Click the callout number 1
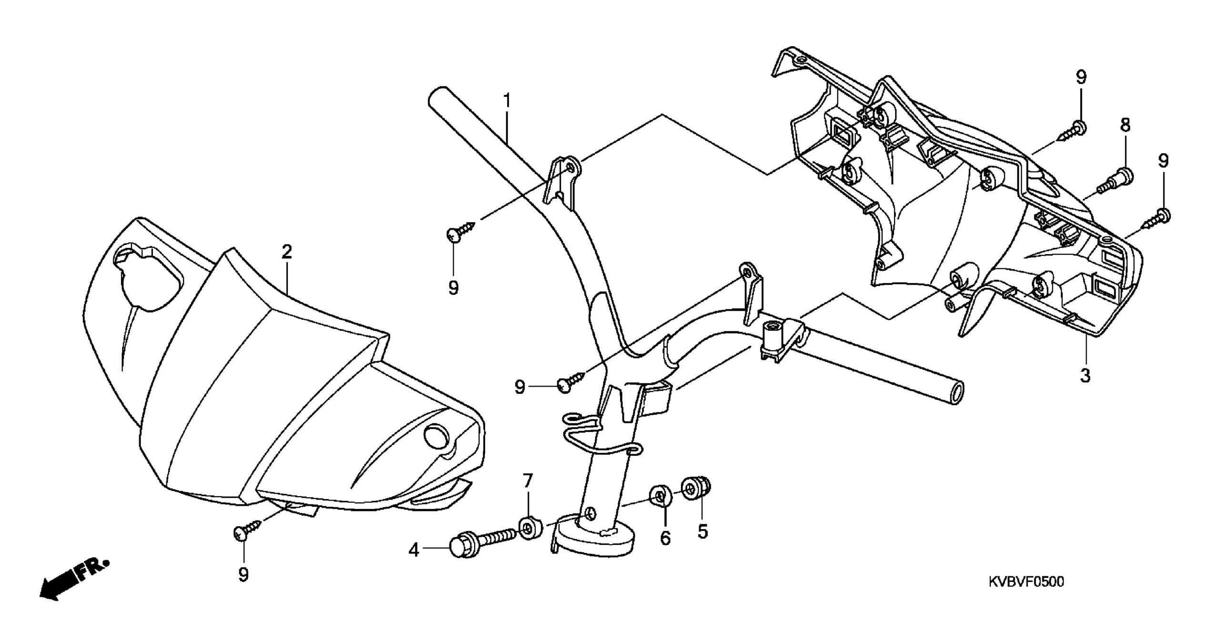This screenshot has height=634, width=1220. pyautogui.click(x=507, y=101)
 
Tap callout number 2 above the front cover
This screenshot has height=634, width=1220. pyautogui.click(x=286, y=252)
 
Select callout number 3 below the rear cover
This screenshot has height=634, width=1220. pyautogui.click(x=1085, y=376)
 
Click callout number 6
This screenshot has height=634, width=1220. pyautogui.click(x=665, y=538)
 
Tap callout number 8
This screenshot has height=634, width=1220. pyautogui.click(x=1125, y=125)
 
